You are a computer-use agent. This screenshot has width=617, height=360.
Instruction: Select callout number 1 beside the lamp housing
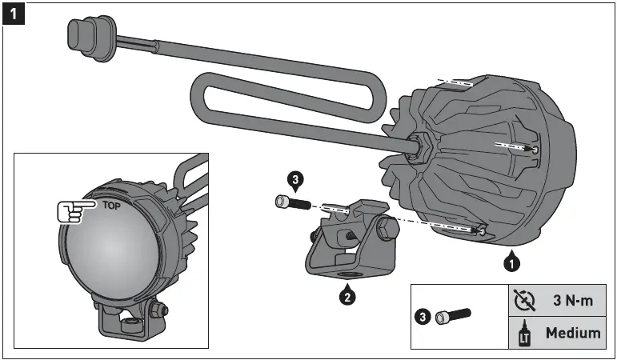point(511,261)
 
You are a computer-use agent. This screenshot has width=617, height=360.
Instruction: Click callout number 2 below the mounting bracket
point(347,297)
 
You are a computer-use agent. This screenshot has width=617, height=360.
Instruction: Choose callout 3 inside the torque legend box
point(424,317)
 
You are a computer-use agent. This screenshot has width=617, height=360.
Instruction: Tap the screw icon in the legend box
point(453,317)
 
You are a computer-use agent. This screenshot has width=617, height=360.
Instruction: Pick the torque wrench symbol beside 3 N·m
point(524,301)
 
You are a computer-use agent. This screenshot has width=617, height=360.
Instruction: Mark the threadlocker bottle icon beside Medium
point(524,332)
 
